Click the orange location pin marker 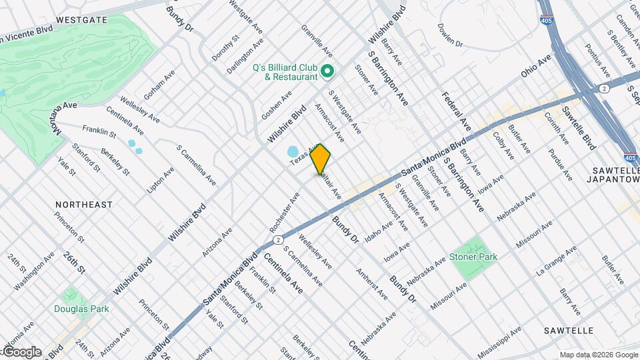[321, 159]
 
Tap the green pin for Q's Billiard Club [327, 71]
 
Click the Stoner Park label [474, 257]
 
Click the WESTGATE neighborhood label [82, 20]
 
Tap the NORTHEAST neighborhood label [84, 205]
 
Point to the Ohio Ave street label [536, 66]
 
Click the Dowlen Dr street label [450, 35]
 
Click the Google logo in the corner [22, 352]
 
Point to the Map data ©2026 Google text [598, 355]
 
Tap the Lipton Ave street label [160, 181]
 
